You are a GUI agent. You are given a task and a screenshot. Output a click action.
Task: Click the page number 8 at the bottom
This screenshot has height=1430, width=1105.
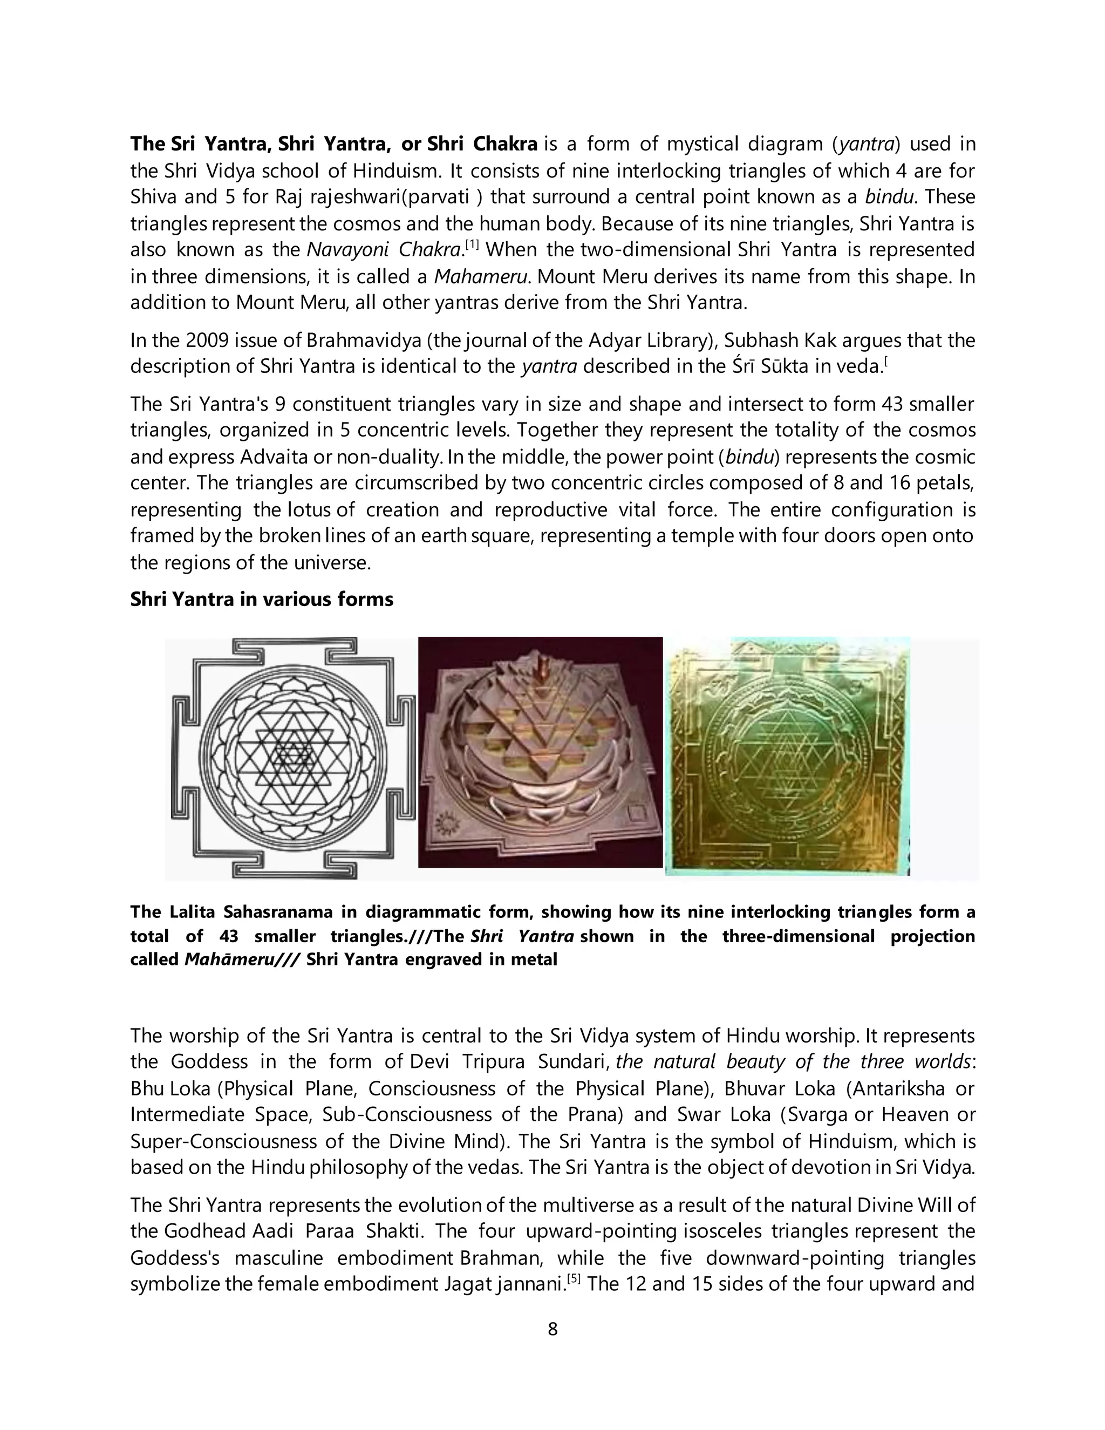[x=552, y=1329]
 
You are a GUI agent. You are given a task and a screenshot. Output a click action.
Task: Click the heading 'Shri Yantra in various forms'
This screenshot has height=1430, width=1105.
[x=261, y=599]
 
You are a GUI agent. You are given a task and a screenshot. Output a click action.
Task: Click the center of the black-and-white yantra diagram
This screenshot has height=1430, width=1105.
[x=292, y=758]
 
